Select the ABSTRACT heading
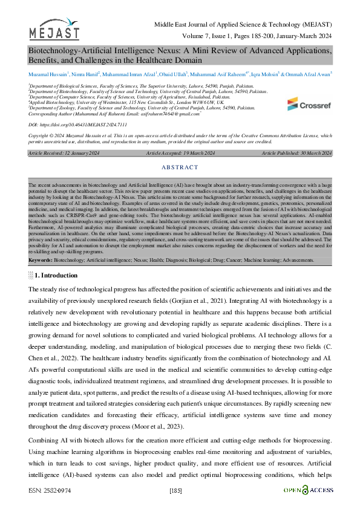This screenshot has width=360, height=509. [180, 167]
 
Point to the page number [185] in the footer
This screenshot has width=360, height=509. [177, 490]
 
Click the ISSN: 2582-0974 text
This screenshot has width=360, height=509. [50, 490]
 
